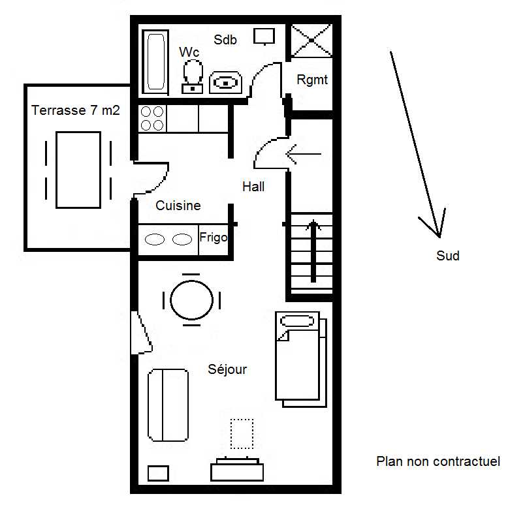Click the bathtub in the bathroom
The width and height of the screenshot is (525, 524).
(x=155, y=61)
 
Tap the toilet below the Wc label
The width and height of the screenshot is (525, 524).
(x=192, y=74)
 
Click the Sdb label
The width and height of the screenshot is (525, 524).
(x=225, y=40)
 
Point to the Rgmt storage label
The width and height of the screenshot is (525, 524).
(x=312, y=80)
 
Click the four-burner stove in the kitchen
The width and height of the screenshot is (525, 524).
(x=152, y=118)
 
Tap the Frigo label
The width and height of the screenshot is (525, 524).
(x=213, y=238)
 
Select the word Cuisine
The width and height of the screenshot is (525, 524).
(x=178, y=206)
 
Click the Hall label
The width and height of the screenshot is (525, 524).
(x=253, y=187)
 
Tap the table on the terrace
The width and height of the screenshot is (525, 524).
(x=78, y=170)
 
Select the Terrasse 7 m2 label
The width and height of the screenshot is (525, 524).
(x=76, y=110)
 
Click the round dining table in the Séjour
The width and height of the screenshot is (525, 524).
(x=191, y=300)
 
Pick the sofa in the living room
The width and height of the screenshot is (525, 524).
(x=168, y=405)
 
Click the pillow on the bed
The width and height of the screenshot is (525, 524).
(x=297, y=322)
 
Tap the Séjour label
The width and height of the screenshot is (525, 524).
(x=227, y=369)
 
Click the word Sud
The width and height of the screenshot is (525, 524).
(x=448, y=256)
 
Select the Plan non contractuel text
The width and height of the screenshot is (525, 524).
(x=438, y=461)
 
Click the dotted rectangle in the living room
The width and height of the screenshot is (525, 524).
(x=242, y=433)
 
